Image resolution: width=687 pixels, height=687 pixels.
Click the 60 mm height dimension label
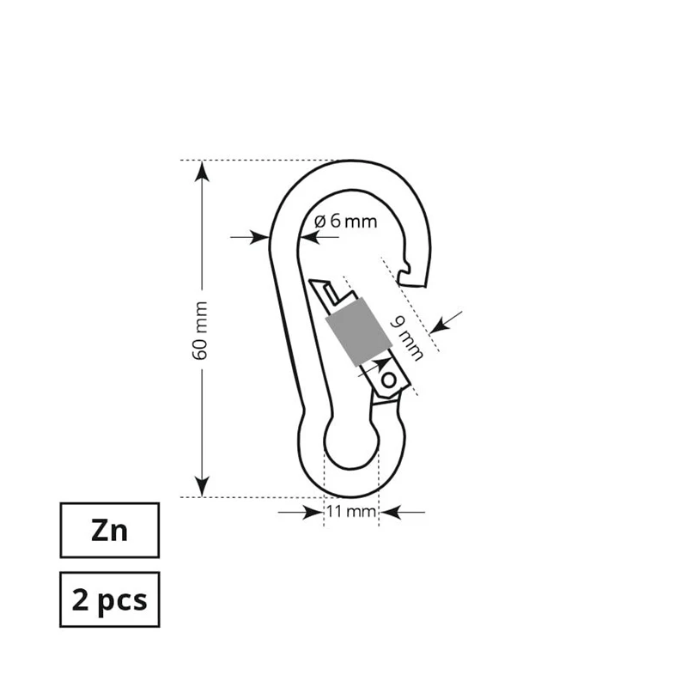(200, 331)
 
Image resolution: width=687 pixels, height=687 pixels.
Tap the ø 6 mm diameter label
(345, 221)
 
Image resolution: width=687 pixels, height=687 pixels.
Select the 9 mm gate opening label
(408, 337)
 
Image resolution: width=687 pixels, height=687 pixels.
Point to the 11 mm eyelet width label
(352, 513)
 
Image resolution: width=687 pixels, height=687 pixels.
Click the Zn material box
(109, 530)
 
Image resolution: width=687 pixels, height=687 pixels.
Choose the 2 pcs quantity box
(109, 599)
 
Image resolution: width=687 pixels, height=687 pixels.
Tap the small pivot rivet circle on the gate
(390, 379)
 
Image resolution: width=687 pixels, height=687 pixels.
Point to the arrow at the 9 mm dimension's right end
(441, 322)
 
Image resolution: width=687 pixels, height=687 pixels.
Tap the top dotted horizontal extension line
(258, 161)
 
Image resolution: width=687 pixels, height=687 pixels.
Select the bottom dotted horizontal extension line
(258, 496)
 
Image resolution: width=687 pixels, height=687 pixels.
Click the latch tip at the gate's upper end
(317, 286)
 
